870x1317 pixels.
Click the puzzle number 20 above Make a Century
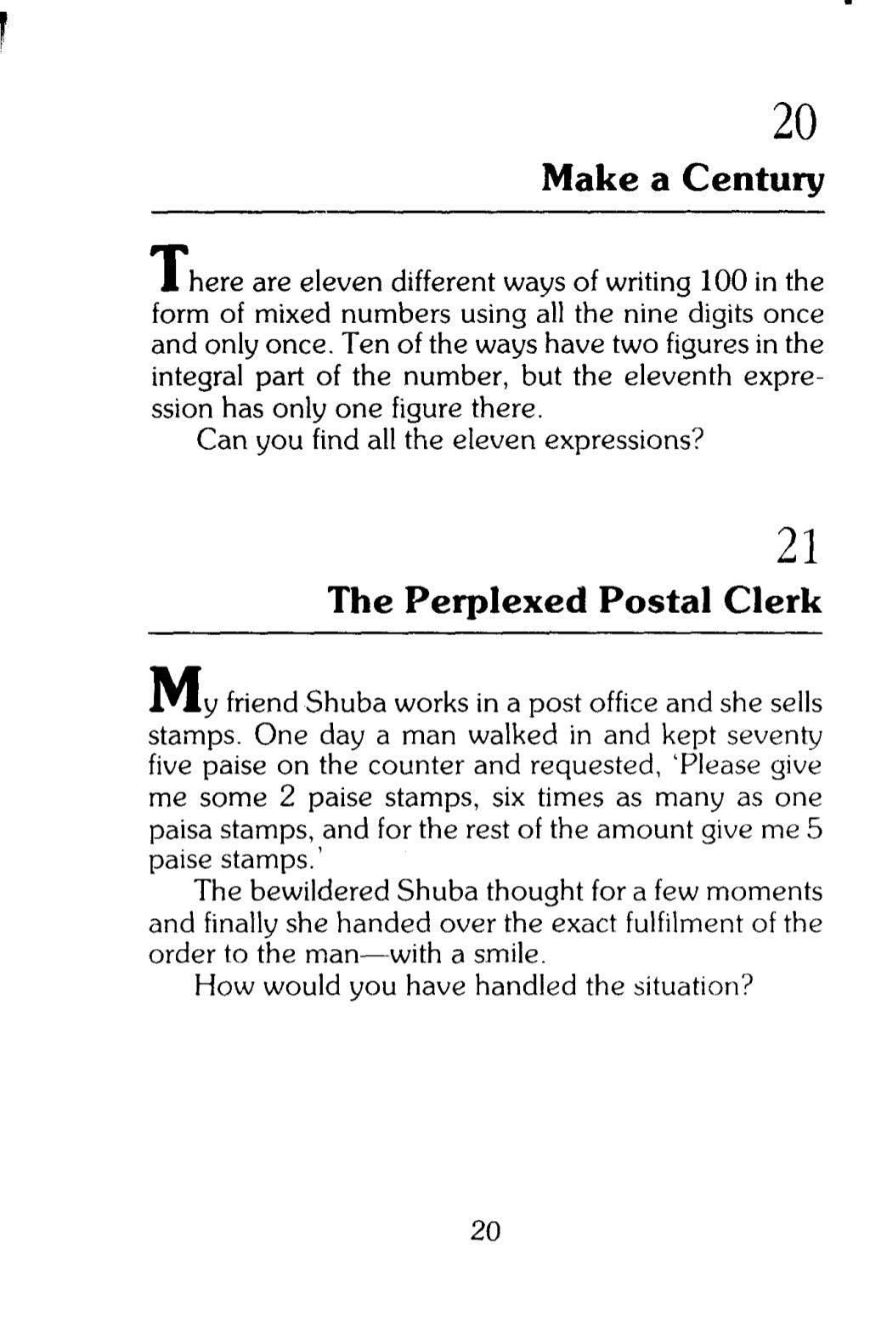pyautogui.click(x=794, y=123)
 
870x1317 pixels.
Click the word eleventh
pyautogui.click(x=675, y=377)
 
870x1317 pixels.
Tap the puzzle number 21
pyautogui.click(x=798, y=548)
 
